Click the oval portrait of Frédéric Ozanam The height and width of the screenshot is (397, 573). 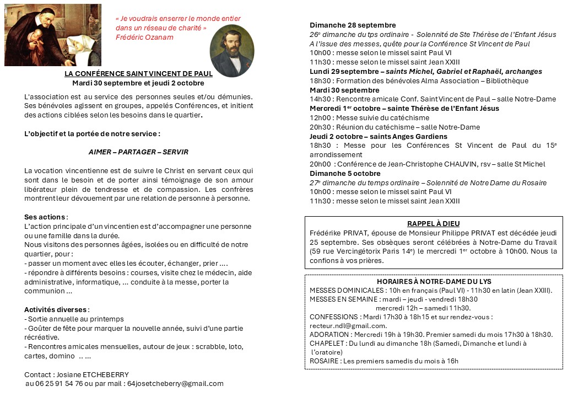[232, 51]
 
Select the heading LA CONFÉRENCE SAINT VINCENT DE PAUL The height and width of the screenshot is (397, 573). [138, 74]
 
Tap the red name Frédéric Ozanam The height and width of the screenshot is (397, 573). [144, 37]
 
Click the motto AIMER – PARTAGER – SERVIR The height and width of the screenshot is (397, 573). [138, 152]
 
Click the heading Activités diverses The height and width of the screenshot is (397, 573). [56, 309]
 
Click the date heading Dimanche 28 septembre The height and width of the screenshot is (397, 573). [353, 25]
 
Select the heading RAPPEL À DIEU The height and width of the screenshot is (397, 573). [434, 224]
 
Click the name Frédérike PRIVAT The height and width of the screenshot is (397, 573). [337, 233]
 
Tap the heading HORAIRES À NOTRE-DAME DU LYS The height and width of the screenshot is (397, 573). [434, 281]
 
